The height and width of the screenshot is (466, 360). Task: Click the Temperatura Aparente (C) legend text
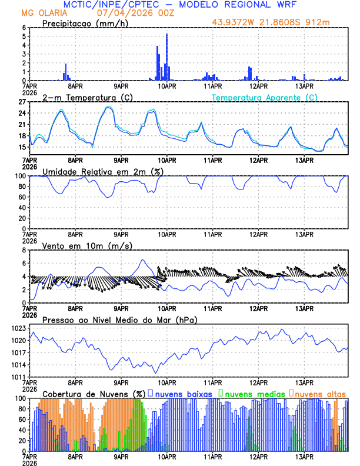click(265, 97)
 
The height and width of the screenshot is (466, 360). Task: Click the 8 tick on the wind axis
click(24, 250)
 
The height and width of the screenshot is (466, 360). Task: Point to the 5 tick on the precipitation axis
click(24, 36)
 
